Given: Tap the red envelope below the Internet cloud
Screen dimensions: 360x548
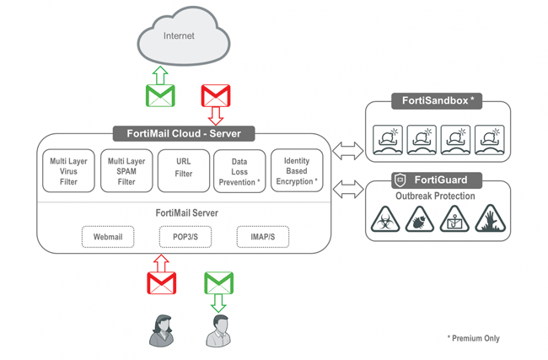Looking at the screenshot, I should (216, 96).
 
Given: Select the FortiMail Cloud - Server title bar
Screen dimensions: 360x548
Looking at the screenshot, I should (182, 133).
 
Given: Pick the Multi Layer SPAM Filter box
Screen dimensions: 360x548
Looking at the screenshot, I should (126, 170).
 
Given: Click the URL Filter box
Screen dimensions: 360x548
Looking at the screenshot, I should (184, 170).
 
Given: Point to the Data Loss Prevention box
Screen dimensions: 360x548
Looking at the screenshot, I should (239, 170).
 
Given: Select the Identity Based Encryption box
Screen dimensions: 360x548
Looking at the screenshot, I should (297, 170).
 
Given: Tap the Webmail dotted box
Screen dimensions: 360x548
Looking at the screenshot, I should (108, 237).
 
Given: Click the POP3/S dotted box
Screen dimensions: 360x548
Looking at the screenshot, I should (185, 237).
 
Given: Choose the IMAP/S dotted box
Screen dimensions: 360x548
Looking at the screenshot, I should (262, 237).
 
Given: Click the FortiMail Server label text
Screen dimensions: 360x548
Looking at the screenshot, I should (187, 213).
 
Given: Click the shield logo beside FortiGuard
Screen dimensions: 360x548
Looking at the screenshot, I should (401, 180).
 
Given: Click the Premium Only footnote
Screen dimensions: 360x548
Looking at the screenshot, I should (473, 338).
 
